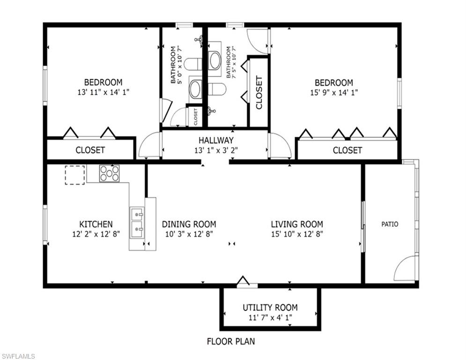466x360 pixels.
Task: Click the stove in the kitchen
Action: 110,173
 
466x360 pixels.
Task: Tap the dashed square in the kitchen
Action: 75,175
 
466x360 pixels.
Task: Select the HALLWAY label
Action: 216,140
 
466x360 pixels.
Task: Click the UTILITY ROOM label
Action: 270,307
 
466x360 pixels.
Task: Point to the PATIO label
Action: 390,224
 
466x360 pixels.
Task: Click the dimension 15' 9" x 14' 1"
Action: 334,92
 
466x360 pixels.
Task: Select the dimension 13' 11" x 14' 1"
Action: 104,92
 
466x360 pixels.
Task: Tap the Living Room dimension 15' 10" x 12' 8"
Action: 297,234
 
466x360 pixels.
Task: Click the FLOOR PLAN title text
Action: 231,341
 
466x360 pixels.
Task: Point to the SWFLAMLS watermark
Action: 18,356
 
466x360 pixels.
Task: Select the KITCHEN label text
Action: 96,224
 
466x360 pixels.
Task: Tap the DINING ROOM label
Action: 189,224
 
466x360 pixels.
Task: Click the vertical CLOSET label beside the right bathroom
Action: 259,92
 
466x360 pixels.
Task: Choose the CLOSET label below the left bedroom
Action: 90,150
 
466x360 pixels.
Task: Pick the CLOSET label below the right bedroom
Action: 348,150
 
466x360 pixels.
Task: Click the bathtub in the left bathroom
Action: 196,89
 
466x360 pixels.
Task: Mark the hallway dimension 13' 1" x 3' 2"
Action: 216,150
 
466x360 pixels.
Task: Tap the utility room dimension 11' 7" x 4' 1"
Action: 270,317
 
